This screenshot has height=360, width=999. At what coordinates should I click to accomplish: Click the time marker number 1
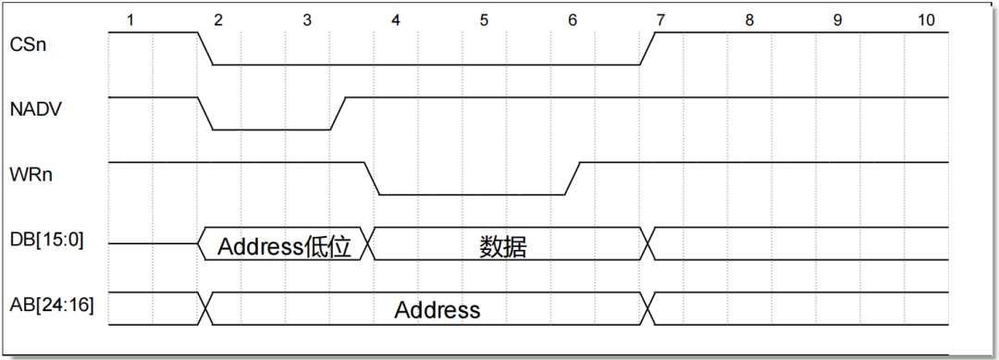[x=130, y=19]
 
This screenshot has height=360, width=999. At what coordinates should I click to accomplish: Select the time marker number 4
[x=396, y=19]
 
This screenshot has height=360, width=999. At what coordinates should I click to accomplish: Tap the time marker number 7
[x=660, y=19]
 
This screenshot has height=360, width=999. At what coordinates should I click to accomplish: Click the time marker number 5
[x=484, y=19]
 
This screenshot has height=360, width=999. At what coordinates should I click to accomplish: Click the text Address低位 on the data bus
[x=285, y=246]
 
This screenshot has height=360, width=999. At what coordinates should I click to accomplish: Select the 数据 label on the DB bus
[x=504, y=246]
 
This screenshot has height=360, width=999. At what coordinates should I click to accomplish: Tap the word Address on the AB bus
[x=438, y=310]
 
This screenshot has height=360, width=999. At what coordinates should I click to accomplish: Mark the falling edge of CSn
[x=205, y=49]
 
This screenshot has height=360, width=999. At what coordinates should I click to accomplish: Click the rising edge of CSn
[x=647, y=49]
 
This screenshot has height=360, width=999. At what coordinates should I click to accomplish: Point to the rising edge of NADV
[x=338, y=113]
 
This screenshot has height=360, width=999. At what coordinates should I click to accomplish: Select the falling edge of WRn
[x=372, y=179]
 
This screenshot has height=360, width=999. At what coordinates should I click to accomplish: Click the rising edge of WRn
[x=573, y=179]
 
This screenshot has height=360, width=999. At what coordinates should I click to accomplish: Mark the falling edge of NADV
[x=205, y=113]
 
